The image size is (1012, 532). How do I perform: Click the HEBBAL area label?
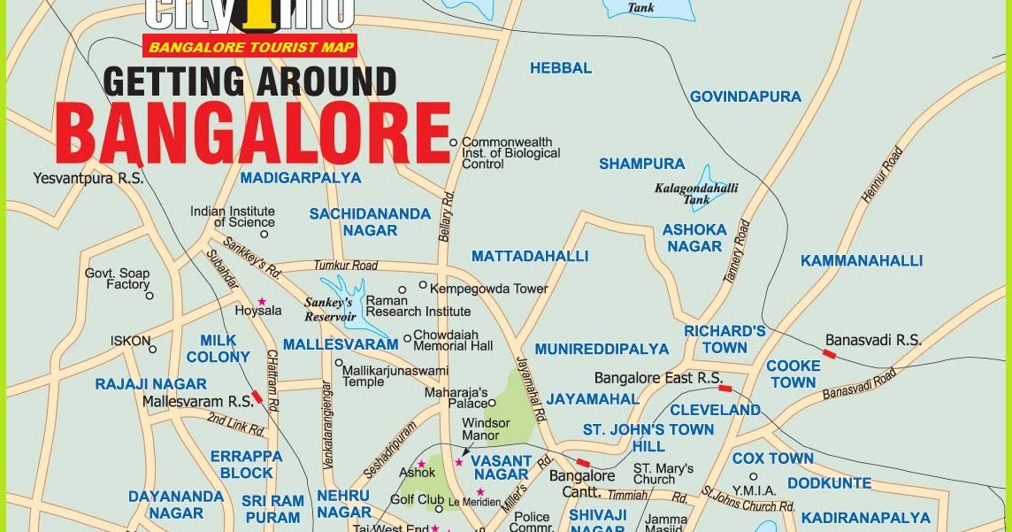coord(561,68)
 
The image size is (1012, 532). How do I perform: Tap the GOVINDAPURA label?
coord(745,96)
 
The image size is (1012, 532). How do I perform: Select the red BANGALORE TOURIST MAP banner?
coord(250,46)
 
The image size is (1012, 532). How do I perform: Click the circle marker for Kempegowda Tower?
coord(423,286)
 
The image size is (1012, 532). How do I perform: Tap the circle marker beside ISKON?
coord(152,349)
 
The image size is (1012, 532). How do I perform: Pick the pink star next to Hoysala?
coord(262,301)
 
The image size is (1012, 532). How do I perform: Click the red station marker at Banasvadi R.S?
coord(829,353)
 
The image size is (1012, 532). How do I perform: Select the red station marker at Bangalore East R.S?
coord(725,388)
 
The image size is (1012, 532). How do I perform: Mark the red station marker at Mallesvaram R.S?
coord(257,397)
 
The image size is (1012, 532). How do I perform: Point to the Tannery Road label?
coord(736,251)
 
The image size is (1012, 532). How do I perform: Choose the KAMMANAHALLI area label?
coord(861,260)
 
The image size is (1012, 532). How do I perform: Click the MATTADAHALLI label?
coord(529,256)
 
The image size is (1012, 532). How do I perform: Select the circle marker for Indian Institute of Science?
coord(264,235)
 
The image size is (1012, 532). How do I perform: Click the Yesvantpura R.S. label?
coord(88,178)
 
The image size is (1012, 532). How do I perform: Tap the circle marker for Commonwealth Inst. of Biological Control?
coord(454,142)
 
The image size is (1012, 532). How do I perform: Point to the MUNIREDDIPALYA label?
coord(602,349)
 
